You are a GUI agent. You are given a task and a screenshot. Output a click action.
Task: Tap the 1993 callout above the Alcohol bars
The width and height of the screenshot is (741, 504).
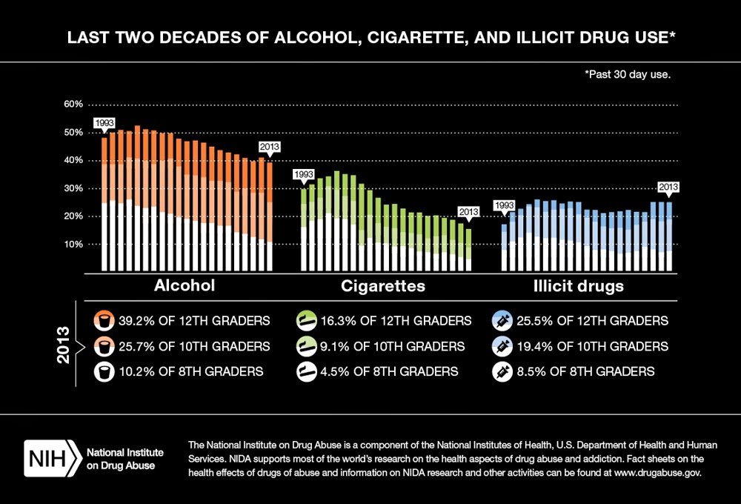(104, 123)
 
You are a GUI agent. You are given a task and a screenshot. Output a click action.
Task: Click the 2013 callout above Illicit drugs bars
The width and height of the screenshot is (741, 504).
(668, 187)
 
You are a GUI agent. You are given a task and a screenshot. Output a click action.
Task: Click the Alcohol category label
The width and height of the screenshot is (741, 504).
(185, 286)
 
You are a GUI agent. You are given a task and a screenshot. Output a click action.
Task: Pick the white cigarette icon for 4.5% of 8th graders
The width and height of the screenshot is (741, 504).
(306, 371)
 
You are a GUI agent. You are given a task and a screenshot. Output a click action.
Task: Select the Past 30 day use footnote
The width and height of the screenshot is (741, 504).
(628, 74)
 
